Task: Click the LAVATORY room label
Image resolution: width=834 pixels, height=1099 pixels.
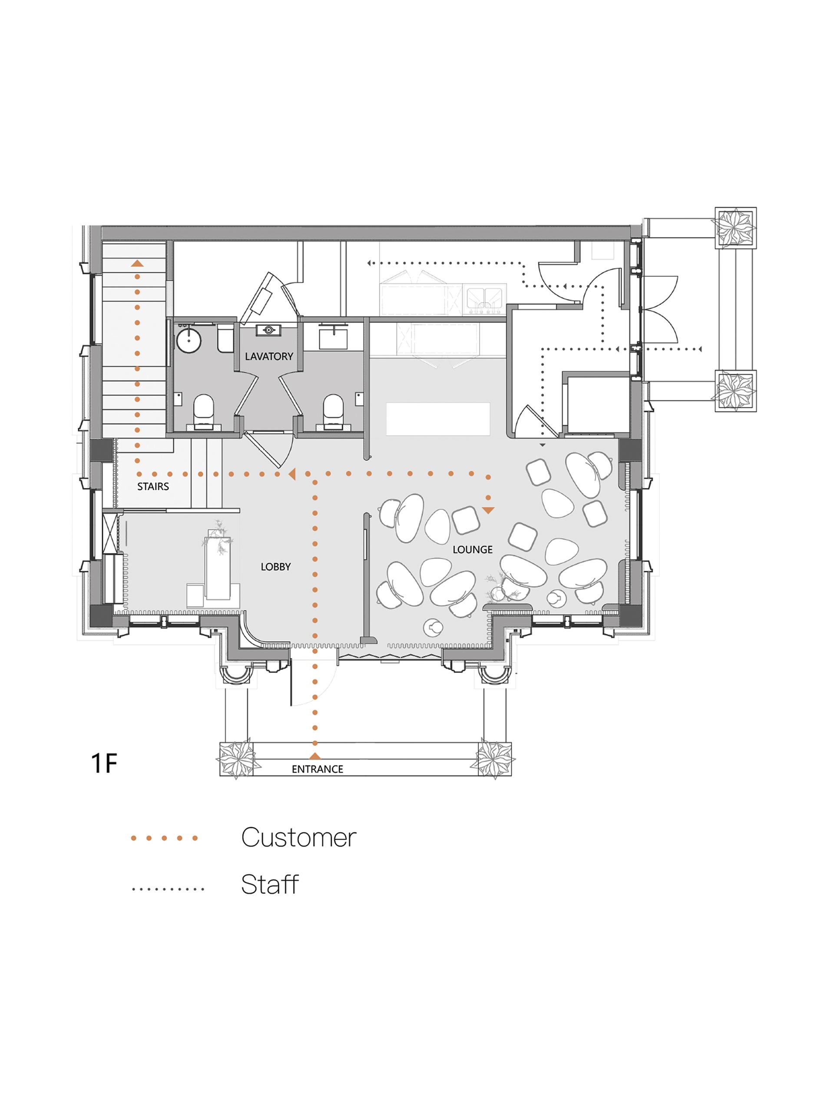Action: coord(269,356)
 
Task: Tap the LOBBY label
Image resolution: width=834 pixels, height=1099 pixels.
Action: coord(275,566)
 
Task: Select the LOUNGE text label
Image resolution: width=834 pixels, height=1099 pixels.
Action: coord(472,550)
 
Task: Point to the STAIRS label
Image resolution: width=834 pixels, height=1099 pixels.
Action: coord(153,486)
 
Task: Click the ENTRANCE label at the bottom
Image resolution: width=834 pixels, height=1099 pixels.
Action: coord(317,769)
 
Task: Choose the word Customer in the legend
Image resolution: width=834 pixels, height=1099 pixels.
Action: coord(299,837)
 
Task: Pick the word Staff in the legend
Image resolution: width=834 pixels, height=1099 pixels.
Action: coord(270,884)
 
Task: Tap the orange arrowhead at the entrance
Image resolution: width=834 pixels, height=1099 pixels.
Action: coord(314,756)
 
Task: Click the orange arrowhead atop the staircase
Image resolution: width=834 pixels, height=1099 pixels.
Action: coord(137,263)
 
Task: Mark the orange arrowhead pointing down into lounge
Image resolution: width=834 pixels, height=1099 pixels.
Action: coord(489,510)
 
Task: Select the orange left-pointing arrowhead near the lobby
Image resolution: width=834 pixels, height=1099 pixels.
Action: coord(292,474)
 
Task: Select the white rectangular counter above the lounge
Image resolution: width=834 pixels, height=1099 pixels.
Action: coord(438,419)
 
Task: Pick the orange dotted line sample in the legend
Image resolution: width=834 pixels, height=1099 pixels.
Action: coord(164,838)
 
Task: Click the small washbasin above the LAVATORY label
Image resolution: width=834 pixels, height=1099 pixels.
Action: coord(269,330)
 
